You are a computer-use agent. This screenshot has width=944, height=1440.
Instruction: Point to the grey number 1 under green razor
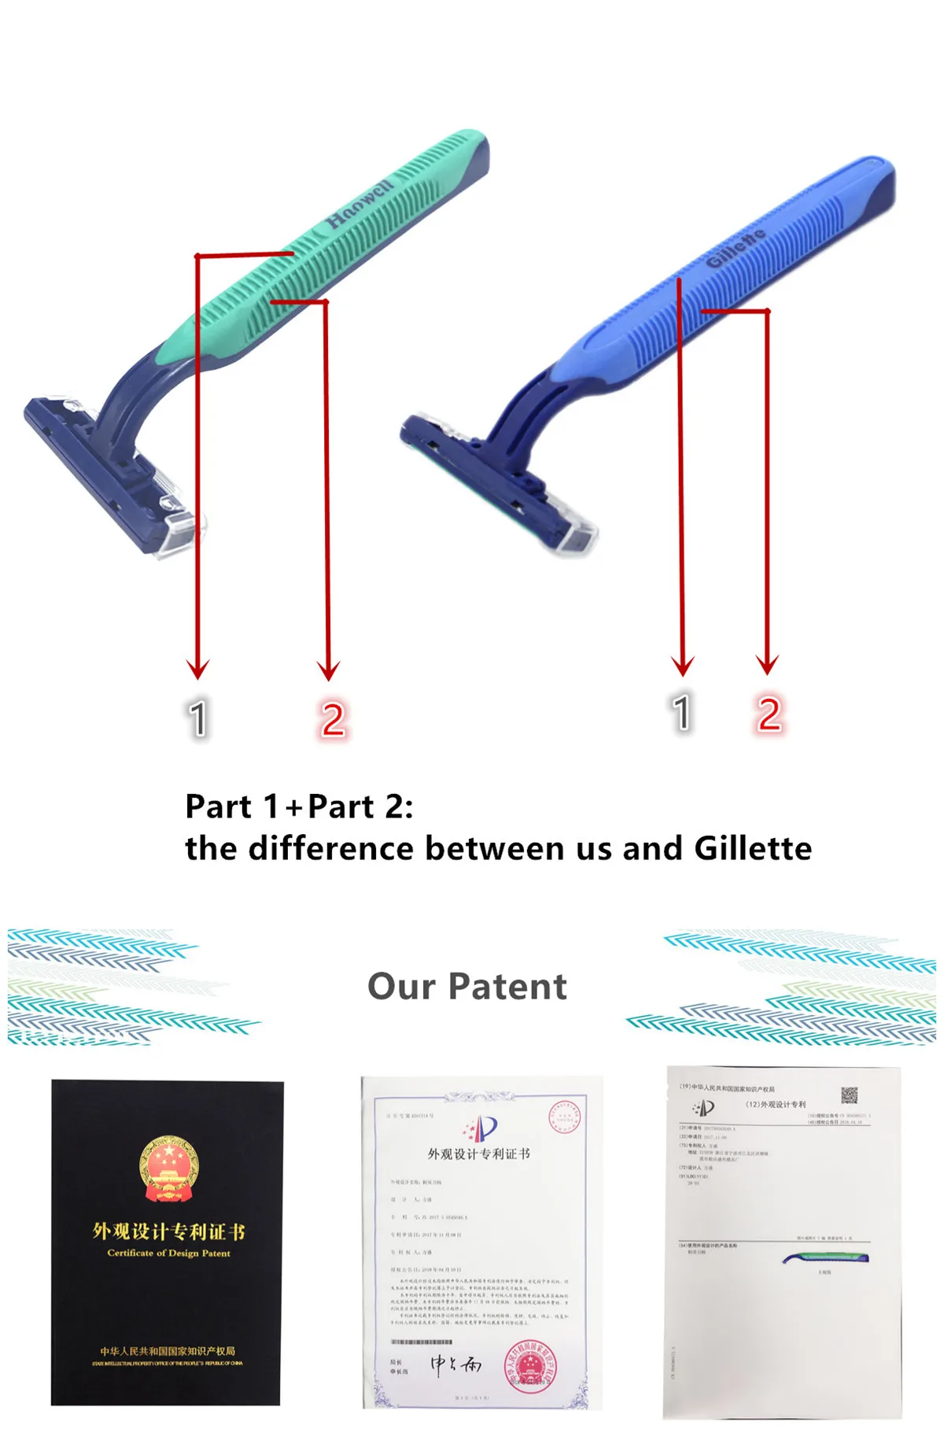(197, 718)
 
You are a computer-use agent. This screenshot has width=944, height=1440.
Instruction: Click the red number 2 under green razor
(333, 719)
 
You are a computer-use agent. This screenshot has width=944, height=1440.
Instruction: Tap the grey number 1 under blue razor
(682, 713)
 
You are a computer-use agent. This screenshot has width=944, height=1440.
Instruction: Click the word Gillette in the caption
(753, 848)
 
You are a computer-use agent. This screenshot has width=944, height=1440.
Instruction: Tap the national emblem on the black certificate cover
(168, 1169)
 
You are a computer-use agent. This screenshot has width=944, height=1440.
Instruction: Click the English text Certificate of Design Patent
(168, 1253)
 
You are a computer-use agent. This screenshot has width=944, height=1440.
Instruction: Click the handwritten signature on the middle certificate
(455, 1364)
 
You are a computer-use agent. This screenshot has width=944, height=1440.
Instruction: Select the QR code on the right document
(849, 1095)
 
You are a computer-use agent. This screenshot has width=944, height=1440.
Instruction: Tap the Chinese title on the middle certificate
(478, 1154)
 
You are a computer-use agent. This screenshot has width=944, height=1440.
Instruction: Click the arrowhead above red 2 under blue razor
(767, 665)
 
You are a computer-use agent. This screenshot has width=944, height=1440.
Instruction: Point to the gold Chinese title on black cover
(168, 1231)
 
